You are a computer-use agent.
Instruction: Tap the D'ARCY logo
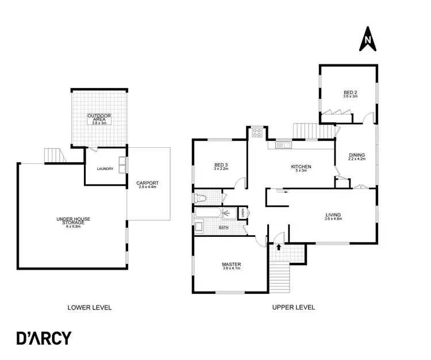coord(44,338)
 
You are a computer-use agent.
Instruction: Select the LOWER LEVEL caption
coord(89,307)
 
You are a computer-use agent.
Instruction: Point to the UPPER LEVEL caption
coord(293,307)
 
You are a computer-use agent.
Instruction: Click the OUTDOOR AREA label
coord(99,118)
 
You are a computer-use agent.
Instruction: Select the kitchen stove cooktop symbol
coord(257,133)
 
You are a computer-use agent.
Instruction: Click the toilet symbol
coord(201,198)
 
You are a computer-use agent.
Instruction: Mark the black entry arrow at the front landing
coord(279,247)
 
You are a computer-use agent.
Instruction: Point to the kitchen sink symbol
coord(283,145)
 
